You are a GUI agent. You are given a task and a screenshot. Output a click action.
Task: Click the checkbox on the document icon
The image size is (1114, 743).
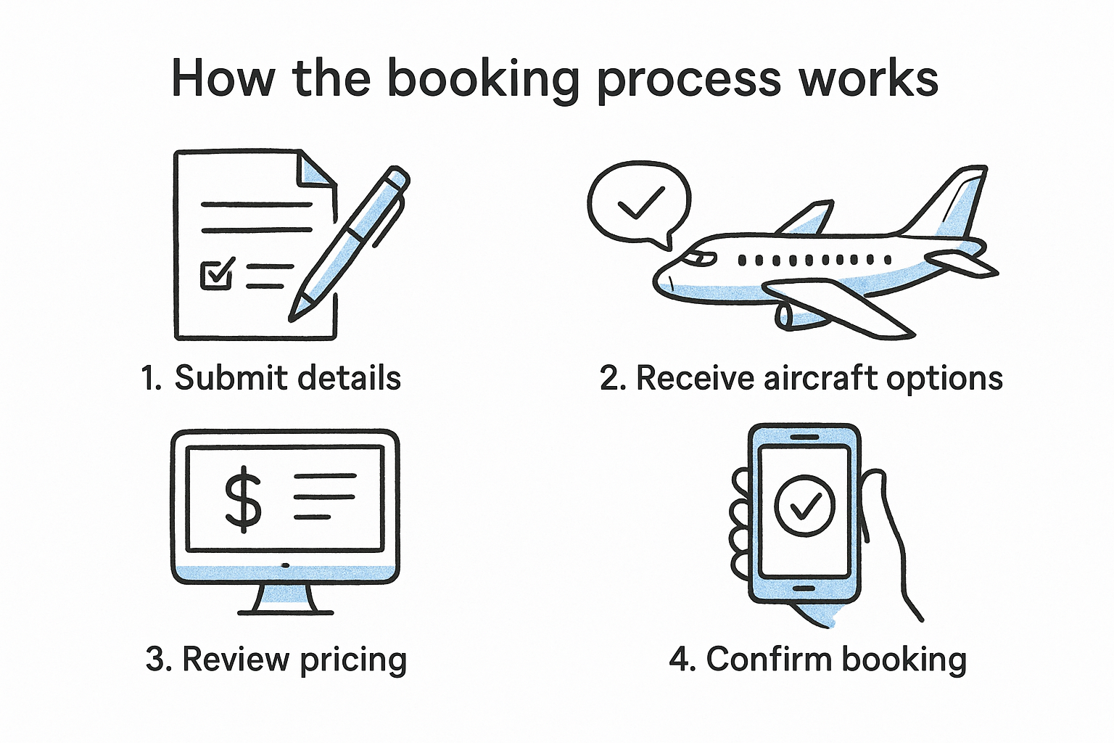(216, 275)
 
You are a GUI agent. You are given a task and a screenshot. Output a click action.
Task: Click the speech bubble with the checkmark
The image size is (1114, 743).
(638, 203)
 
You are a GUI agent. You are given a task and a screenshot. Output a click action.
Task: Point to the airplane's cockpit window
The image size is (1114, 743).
(699, 258)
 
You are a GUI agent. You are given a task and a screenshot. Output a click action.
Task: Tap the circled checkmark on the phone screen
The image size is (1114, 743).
(804, 506)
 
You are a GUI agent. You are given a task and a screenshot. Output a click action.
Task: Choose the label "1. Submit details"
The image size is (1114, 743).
(271, 378)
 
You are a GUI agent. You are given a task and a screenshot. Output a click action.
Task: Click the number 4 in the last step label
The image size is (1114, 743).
(679, 660)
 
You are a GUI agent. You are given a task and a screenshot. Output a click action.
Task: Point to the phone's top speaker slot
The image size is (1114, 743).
(804, 438)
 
